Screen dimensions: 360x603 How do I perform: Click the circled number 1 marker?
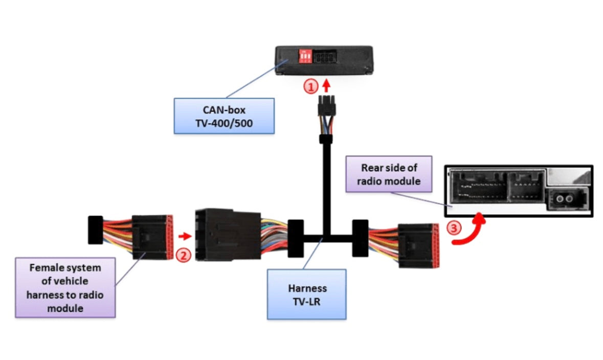[x=311, y=86]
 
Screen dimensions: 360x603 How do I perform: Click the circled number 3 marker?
[x=454, y=228]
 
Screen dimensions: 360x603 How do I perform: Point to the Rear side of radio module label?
[x=389, y=174]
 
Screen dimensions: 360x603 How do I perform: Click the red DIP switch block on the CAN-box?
[x=305, y=56]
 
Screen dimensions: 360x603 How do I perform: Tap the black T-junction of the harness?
[x=323, y=237]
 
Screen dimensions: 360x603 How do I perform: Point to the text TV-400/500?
[x=224, y=123]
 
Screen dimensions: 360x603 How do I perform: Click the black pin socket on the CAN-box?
[x=325, y=57]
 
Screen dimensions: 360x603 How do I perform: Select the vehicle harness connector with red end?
[x=151, y=237]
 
